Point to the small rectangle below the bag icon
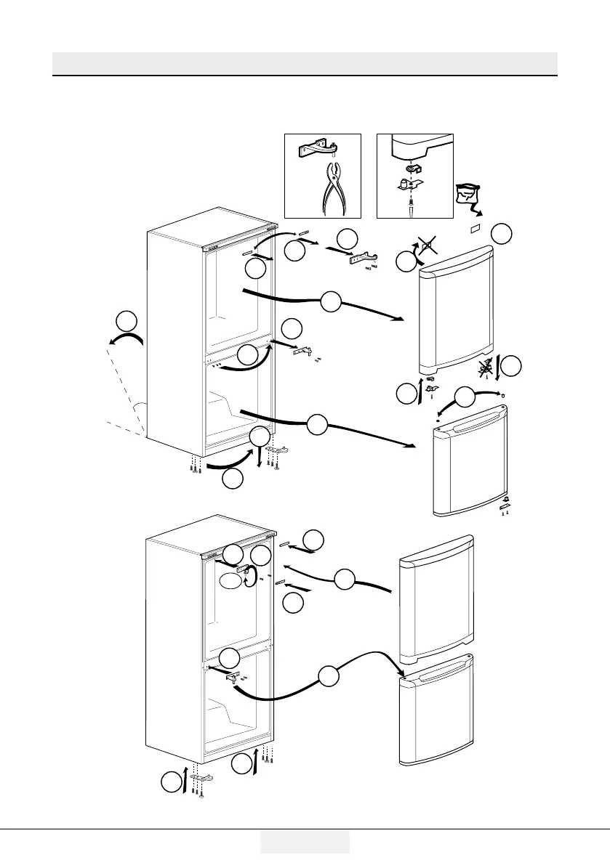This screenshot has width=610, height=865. [477, 228]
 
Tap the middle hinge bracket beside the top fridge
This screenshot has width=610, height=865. [303, 351]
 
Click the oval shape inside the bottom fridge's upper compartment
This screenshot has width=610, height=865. [230, 582]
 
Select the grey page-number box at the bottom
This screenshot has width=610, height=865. [305, 842]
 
